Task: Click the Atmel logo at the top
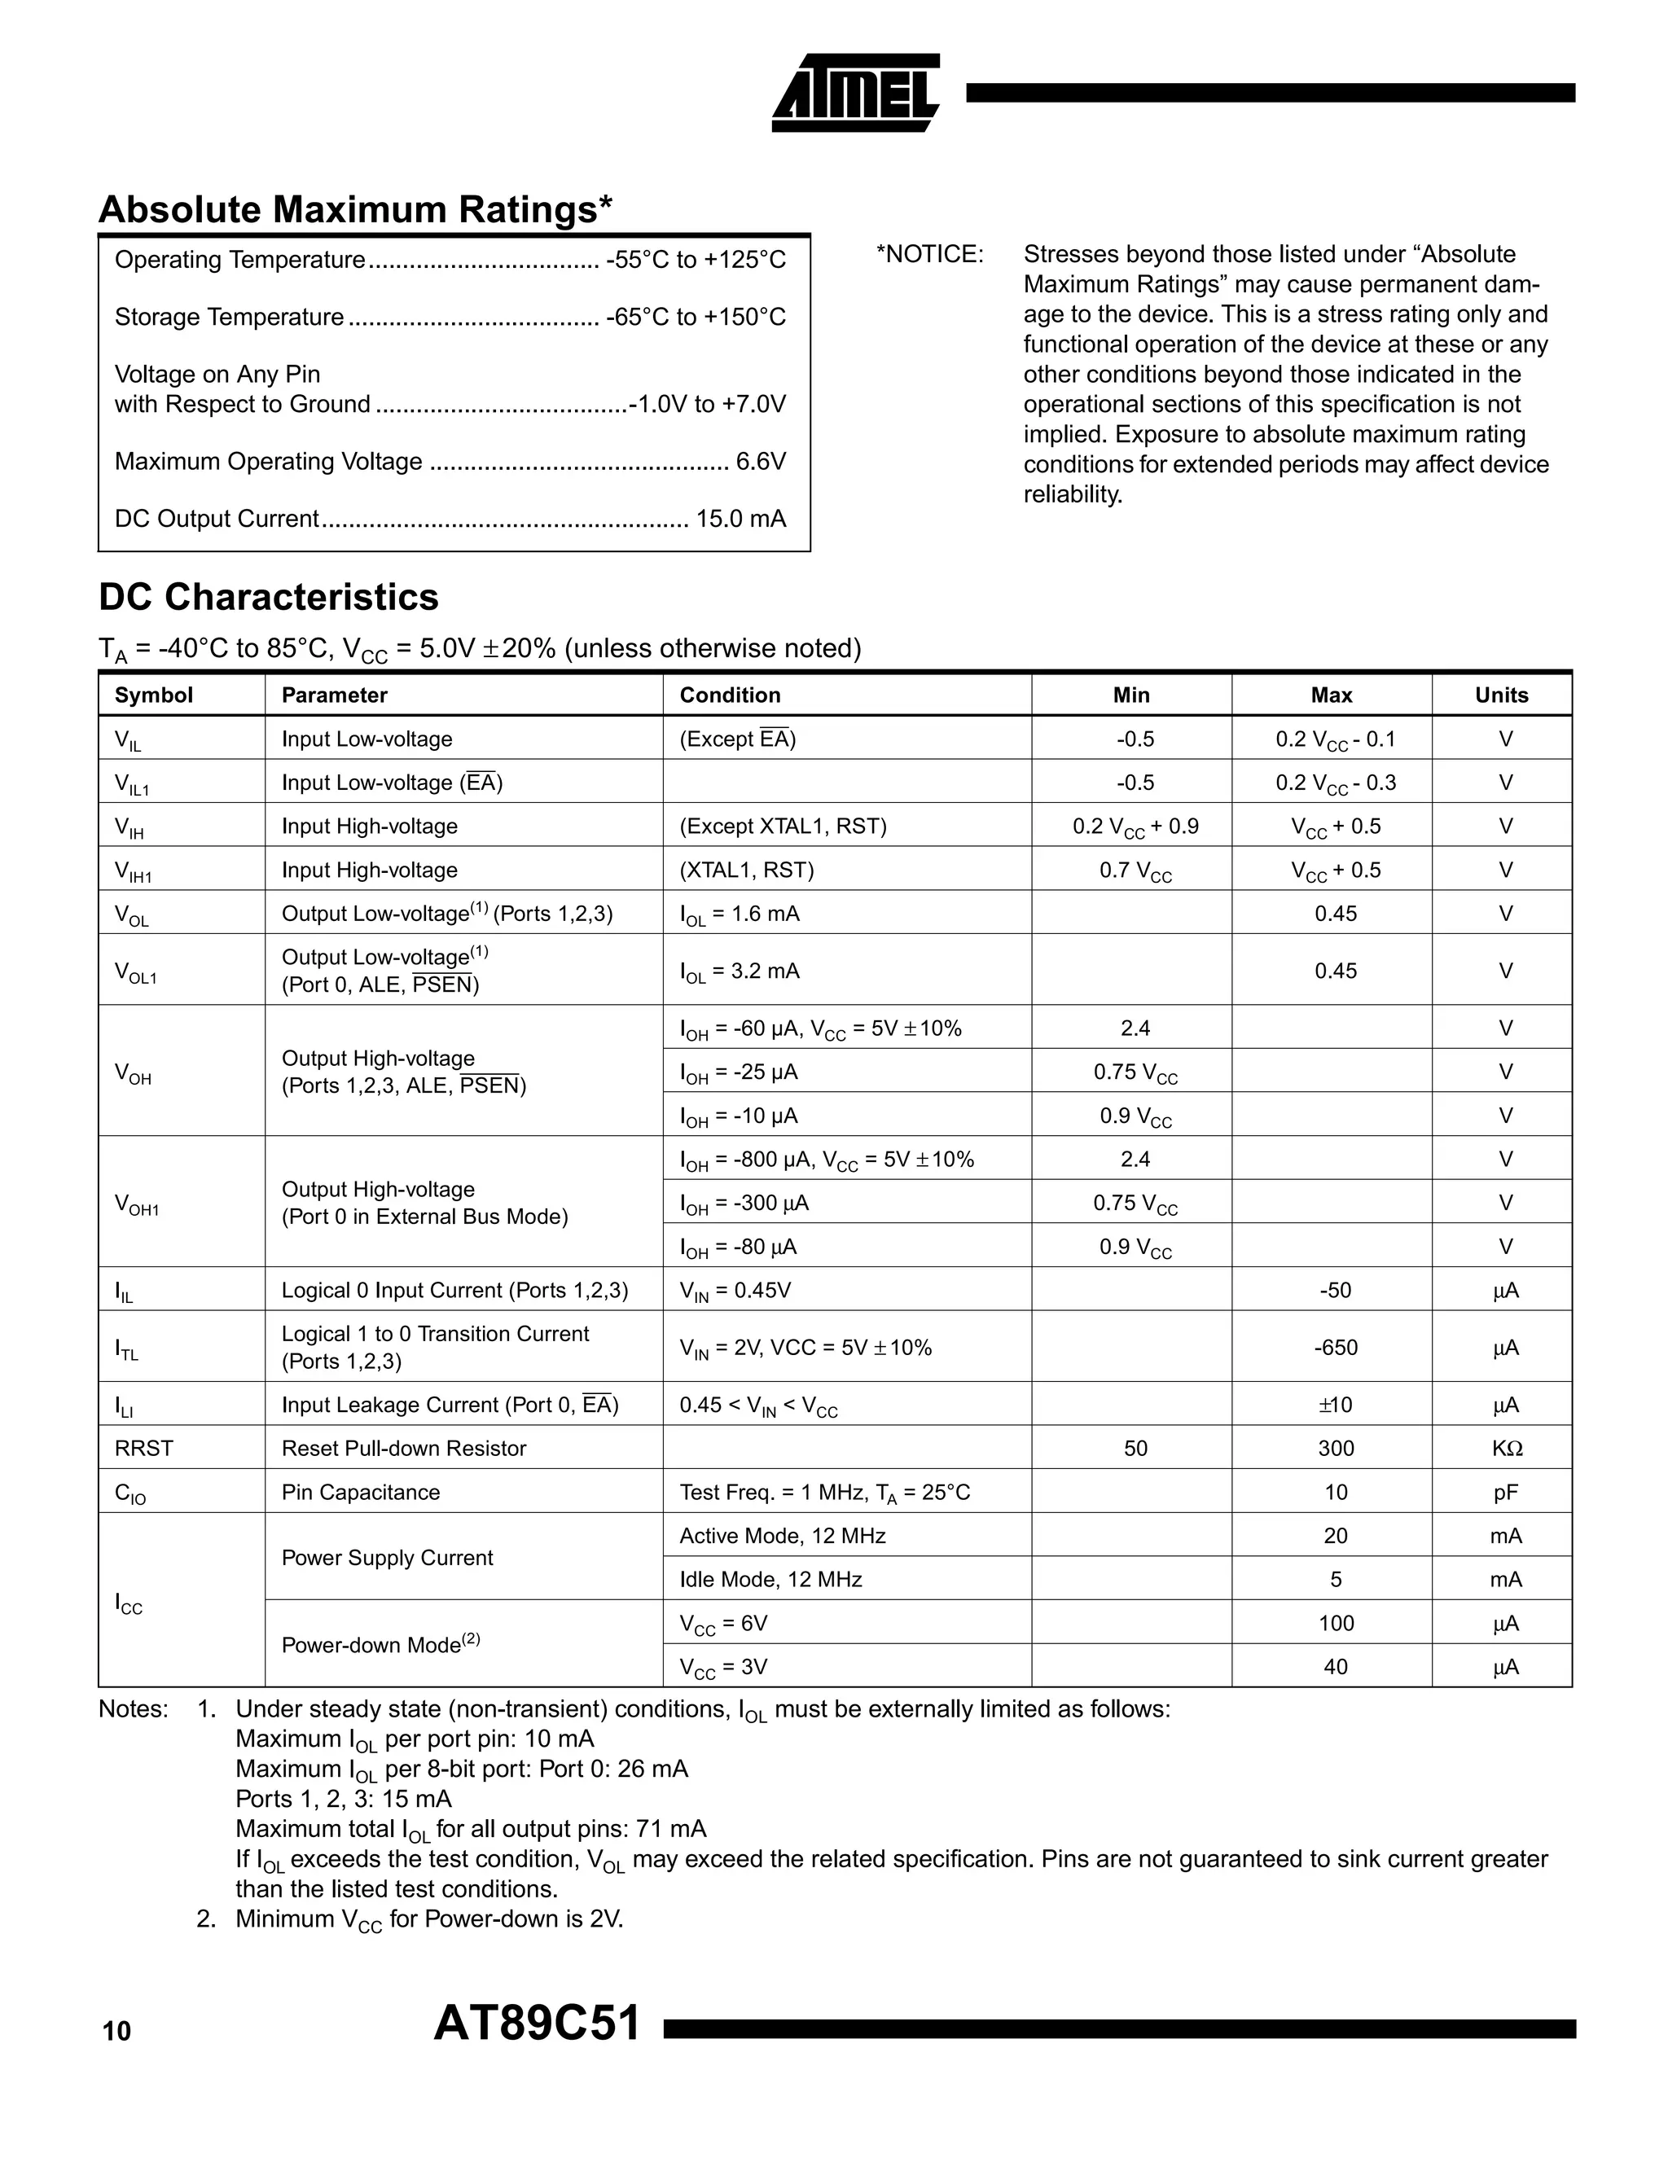click(x=854, y=93)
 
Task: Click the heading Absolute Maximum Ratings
click(x=355, y=210)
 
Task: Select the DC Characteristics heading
click(x=268, y=597)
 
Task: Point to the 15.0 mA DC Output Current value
click(x=740, y=519)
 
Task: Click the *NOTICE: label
click(x=929, y=254)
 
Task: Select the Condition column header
click(x=730, y=695)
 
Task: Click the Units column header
click(x=1501, y=695)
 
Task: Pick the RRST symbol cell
click(x=143, y=1449)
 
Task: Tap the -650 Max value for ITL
click(x=1334, y=1348)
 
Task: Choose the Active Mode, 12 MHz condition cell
click(x=782, y=1535)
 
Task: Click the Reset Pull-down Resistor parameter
click(x=403, y=1449)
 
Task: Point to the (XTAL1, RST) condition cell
click(x=746, y=871)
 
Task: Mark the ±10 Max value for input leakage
click(x=1334, y=1405)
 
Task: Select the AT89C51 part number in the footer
click(x=538, y=2024)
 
